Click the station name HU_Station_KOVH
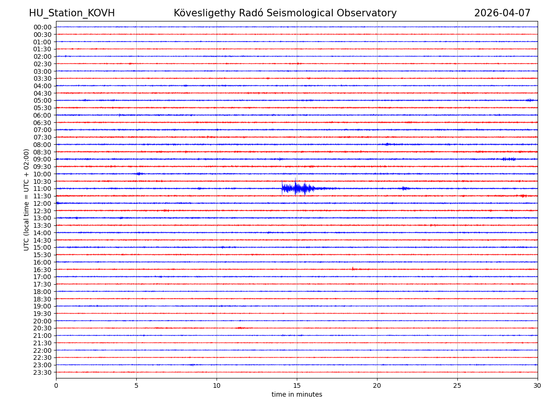click(72, 13)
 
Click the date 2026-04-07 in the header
click(502, 13)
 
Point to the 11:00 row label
click(42, 189)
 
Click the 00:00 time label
click(42, 27)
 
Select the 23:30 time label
click(42, 372)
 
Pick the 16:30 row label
click(42, 270)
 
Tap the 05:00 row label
click(42, 100)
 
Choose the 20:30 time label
click(42, 329)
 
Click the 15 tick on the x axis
click(297, 386)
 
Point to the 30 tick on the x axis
click(538, 386)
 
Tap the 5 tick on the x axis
click(136, 386)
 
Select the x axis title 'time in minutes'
click(297, 395)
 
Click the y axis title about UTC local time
click(27, 200)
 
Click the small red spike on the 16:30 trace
click(352, 268)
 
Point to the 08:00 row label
click(42, 145)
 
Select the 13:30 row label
click(42, 225)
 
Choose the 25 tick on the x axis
click(457, 386)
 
